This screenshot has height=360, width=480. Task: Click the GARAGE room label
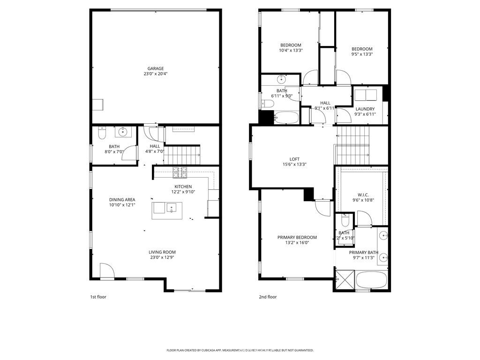coord(155,68)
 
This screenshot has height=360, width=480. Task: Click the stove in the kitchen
coord(180,172)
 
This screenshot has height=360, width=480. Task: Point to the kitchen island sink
coord(172,207)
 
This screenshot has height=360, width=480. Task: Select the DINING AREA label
coord(122,200)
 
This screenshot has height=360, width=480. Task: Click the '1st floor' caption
coord(98,297)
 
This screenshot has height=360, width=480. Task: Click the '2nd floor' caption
coord(268,297)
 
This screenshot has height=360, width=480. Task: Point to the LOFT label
coord(294,159)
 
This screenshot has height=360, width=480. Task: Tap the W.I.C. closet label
coord(363,195)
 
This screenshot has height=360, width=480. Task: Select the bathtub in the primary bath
coord(371,281)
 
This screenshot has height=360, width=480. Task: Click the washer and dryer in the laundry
coord(365,95)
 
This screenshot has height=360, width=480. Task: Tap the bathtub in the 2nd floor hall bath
coord(285,118)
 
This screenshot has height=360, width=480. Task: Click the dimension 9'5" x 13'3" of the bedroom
coord(362,54)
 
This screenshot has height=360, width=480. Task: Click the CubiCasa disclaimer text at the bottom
coord(240,350)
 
